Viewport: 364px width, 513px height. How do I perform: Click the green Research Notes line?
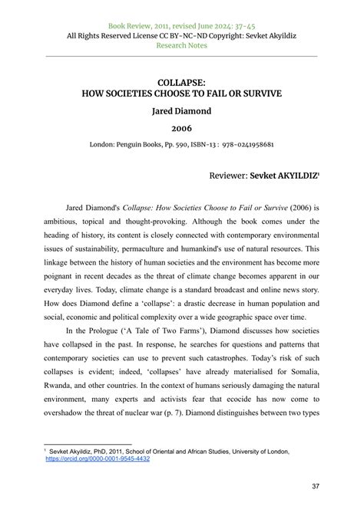181,45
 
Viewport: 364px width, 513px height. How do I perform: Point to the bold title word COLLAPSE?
181,81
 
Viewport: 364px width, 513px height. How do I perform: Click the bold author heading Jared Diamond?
181,111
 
